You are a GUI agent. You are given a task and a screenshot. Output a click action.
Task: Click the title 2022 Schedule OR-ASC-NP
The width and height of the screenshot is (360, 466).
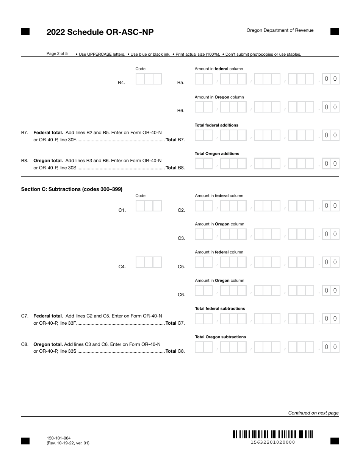[x=100, y=32]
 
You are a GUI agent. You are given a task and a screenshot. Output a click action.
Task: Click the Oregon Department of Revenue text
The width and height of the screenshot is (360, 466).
[x=280, y=30]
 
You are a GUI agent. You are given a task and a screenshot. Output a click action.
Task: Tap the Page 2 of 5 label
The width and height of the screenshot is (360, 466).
[x=57, y=54]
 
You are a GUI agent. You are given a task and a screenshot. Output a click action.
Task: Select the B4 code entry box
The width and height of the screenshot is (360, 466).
[x=149, y=79]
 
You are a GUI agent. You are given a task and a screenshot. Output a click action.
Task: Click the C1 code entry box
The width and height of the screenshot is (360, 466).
[x=149, y=206]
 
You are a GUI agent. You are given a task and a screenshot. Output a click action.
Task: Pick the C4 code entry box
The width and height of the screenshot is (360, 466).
[x=149, y=262]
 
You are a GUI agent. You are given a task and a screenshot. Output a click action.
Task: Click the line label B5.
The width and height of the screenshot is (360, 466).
[x=181, y=83]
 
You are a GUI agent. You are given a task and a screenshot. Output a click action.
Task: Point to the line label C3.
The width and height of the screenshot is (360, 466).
[x=181, y=238]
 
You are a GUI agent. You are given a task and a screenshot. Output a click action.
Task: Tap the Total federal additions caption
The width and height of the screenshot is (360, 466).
[x=216, y=125]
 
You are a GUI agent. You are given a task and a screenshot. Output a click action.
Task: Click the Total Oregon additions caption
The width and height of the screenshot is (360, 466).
[x=217, y=154]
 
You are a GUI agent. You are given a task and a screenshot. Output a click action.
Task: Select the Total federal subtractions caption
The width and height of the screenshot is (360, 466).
[x=220, y=309]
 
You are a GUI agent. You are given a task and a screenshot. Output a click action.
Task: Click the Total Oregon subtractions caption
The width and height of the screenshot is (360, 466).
[x=220, y=337]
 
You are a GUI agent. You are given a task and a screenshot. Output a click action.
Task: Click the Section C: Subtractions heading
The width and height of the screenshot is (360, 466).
[x=72, y=189]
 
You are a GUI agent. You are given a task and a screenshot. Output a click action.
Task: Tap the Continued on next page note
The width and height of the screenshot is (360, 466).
[x=313, y=413]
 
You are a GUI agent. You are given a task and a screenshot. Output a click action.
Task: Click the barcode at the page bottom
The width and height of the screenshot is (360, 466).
[x=272, y=434]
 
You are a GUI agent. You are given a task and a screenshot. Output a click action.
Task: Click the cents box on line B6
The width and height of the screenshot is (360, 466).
[x=330, y=107]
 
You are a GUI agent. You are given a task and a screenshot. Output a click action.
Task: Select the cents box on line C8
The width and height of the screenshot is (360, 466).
[x=330, y=347]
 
